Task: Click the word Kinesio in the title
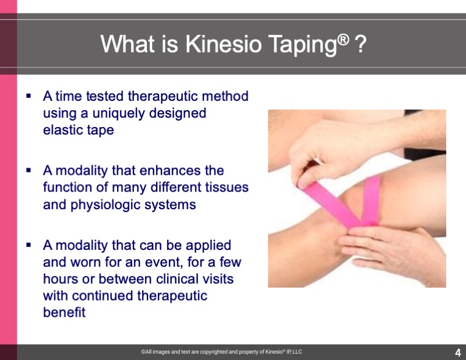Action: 223,44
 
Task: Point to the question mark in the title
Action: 361,44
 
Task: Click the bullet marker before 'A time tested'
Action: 29,96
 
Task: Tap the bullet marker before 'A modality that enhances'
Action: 29,170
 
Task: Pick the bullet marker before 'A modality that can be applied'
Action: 29,245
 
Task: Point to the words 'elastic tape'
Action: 79,130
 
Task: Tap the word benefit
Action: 64,312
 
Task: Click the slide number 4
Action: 458,352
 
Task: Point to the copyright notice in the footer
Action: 221,352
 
